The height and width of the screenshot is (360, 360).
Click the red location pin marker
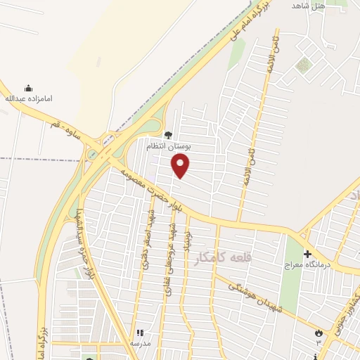click(181, 166)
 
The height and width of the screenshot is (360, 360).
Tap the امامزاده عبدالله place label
click(29, 99)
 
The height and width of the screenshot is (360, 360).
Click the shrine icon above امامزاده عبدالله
click(29, 89)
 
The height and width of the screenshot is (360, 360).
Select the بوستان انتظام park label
click(168, 146)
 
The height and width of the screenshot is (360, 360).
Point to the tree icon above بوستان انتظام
click(168, 135)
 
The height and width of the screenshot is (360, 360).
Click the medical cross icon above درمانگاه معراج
click(307, 253)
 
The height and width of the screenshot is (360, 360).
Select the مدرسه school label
click(140, 342)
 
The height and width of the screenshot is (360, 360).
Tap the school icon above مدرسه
click(139, 333)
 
